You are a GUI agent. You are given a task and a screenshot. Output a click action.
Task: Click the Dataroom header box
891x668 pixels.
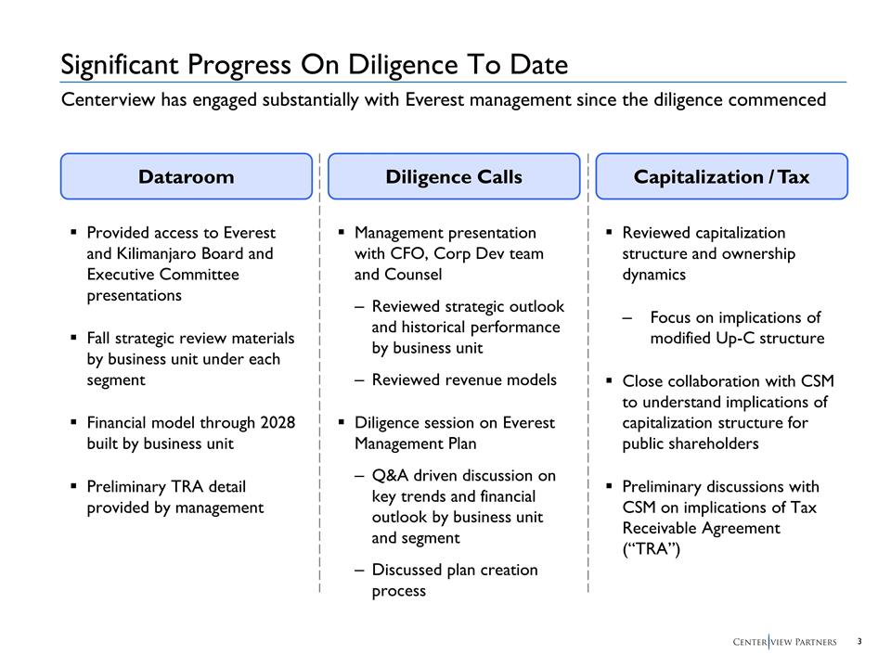click(x=186, y=176)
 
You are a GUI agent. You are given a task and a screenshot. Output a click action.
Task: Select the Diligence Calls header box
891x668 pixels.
click(x=454, y=176)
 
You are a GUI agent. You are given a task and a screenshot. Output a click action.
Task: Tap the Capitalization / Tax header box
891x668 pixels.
click(x=721, y=176)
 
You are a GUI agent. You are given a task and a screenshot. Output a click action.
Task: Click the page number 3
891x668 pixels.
click(x=859, y=641)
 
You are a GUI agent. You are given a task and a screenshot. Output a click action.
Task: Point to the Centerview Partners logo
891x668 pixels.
click(x=784, y=642)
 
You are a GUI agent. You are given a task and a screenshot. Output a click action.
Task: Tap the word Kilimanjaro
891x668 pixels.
click(x=162, y=253)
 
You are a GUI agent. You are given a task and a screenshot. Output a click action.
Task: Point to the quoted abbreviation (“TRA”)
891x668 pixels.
click(x=652, y=549)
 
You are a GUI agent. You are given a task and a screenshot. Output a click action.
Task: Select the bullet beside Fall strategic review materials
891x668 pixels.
click(x=72, y=339)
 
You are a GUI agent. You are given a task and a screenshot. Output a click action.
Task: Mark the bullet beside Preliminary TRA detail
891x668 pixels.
click(x=72, y=486)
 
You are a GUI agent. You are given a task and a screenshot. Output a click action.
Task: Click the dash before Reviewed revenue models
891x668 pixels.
click(x=359, y=379)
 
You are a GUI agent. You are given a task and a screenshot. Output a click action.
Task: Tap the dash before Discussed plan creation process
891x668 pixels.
click(x=359, y=570)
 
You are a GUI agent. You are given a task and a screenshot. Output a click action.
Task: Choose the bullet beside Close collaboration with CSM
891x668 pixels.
click(x=608, y=380)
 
